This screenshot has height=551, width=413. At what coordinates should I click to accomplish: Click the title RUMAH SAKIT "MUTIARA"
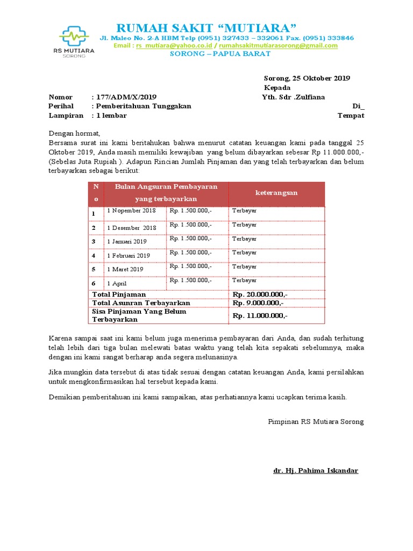coord(206,28)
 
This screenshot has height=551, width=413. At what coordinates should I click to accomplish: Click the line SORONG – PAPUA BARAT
coord(213,54)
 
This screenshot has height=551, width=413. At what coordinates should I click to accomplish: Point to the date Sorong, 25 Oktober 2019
coord(307,78)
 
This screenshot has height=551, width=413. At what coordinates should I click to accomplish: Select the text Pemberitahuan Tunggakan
coord(143,107)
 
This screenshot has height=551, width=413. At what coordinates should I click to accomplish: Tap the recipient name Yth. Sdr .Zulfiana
coord(293,97)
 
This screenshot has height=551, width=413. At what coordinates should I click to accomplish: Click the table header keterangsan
coord(276,193)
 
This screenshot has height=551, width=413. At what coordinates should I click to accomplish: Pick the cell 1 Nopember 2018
coord(131,211)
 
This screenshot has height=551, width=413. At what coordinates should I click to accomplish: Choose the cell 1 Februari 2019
coord(129,256)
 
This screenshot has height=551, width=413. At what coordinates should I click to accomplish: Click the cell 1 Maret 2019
coord(125,269)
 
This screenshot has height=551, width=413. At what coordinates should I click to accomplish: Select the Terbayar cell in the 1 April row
coord(244,280)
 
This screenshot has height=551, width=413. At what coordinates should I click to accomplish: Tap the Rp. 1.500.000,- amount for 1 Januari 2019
coord(190,238)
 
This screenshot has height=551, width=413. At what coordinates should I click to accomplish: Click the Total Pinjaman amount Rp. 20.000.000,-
coord(260,295)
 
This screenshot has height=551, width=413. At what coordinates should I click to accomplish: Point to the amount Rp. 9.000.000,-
coord(258,303)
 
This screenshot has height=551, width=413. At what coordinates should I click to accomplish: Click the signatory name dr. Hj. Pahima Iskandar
coord(315,471)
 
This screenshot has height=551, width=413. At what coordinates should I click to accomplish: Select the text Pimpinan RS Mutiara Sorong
coord(316,422)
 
